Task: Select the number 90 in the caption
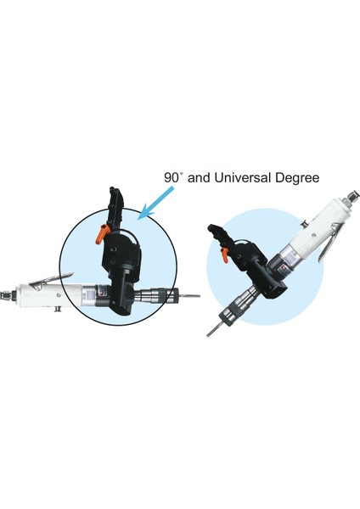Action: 171,178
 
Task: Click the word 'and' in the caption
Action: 200,178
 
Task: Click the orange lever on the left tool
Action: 101,232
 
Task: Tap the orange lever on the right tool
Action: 224,255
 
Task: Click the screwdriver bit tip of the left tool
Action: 199,296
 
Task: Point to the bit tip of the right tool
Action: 208,335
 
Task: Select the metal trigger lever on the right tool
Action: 327,249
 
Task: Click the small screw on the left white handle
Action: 58,294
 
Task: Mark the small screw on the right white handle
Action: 314,235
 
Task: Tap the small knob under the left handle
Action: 58,310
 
